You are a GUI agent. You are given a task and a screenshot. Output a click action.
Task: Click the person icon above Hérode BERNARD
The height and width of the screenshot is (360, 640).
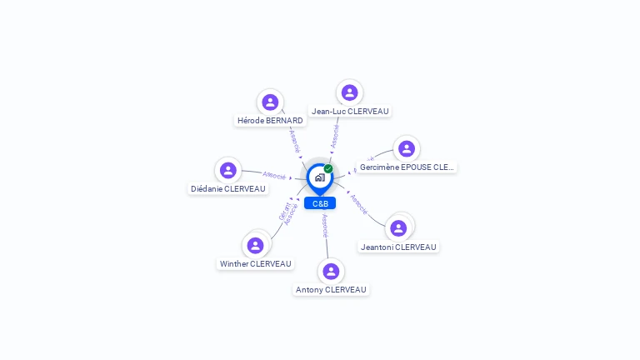click(269, 102)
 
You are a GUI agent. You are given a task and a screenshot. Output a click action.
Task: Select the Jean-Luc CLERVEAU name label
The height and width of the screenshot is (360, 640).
click(350, 111)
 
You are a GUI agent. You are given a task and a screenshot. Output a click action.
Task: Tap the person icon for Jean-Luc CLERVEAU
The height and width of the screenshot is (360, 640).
click(350, 92)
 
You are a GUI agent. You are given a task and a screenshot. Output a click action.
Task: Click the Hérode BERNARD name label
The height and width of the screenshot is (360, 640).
click(270, 121)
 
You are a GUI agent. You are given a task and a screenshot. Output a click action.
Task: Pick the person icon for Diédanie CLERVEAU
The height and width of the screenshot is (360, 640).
click(227, 171)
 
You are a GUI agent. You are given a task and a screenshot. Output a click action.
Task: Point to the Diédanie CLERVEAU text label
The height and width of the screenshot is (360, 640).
click(228, 189)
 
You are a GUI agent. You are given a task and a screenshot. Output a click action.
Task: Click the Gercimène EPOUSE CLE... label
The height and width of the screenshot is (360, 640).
click(407, 167)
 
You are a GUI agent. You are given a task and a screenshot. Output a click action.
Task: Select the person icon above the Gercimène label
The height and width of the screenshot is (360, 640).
click(406, 149)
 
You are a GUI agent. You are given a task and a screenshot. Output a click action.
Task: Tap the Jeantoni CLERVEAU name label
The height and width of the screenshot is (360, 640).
click(398, 247)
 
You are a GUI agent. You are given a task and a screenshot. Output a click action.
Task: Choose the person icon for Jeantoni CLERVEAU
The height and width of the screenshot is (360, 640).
click(398, 227)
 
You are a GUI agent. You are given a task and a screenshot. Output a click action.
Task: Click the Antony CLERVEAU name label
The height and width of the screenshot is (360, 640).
click(331, 290)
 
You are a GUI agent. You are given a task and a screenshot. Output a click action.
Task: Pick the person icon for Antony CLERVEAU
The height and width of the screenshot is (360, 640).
click(331, 271)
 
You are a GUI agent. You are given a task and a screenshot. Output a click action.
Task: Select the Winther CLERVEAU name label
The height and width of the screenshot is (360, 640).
click(256, 264)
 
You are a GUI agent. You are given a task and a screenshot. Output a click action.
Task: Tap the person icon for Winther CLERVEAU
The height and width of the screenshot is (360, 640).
click(255, 245)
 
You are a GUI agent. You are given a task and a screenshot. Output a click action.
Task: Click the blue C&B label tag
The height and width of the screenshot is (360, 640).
click(320, 203)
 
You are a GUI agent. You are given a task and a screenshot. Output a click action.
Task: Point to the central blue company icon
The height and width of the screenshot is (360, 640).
click(319, 177)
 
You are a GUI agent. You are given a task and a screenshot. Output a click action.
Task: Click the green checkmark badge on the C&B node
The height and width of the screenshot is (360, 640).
click(328, 168)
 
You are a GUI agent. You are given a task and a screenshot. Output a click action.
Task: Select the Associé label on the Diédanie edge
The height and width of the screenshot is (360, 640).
click(274, 175)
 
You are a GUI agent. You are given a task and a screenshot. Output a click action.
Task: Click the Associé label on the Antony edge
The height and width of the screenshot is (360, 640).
click(325, 226)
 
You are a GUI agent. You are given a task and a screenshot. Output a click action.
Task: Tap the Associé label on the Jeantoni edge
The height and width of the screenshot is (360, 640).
click(359, 204)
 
